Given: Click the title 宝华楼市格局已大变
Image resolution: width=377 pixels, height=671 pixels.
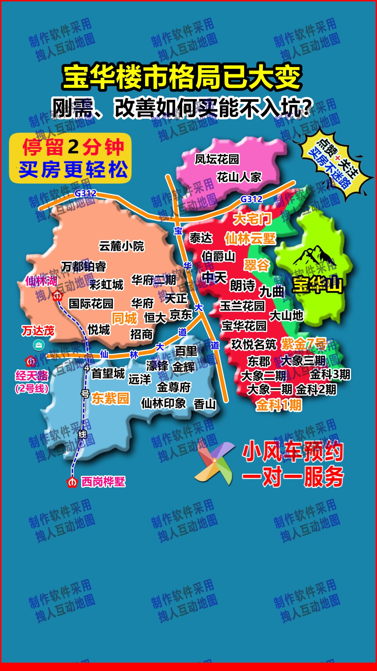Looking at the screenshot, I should point(182,77).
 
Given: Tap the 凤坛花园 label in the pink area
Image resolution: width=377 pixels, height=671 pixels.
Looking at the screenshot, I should point(217,159).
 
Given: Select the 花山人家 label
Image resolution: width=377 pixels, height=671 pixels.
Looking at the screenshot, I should point(239,177).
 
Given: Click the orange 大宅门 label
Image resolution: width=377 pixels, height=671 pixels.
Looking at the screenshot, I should point(252,219).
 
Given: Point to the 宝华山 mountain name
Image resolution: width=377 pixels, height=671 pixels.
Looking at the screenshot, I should point(317,284).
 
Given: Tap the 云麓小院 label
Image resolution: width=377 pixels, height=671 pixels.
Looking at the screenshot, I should point(121,246).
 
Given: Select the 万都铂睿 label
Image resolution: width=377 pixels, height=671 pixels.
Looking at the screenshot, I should point(83,267).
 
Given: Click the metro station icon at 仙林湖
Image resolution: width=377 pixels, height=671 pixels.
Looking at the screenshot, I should point(57,296).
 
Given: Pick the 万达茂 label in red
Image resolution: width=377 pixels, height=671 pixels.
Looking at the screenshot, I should point(38,330).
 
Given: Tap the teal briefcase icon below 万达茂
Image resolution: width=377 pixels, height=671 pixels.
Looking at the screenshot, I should point(38,345).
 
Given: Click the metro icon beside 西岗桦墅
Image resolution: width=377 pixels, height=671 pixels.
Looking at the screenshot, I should point(72,482).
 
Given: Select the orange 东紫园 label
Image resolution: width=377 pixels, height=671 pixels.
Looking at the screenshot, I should point(110,398).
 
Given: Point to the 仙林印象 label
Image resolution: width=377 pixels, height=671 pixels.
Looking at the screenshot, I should point(163,403).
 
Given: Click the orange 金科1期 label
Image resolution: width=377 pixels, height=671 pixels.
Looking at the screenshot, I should point(279,405).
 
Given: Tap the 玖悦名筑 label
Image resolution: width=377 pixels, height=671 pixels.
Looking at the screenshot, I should point(254,345).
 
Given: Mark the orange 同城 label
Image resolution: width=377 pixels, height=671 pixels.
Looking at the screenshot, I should point(124,318).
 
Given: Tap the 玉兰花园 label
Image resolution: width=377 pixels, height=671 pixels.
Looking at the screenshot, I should point(242,306).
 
